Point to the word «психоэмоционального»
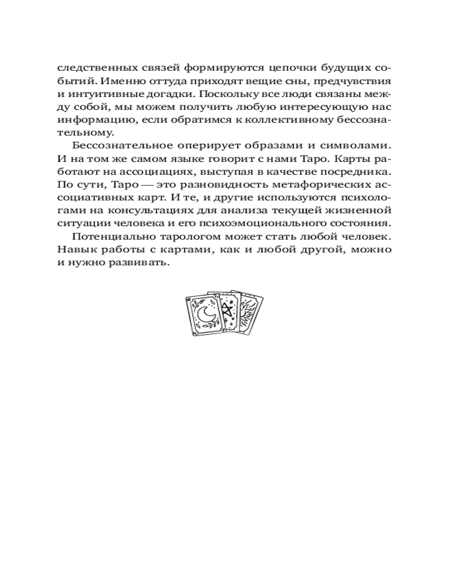pyautogui.click(x=293, y=224)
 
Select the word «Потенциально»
pyautogui.click(x=107, y=237)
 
